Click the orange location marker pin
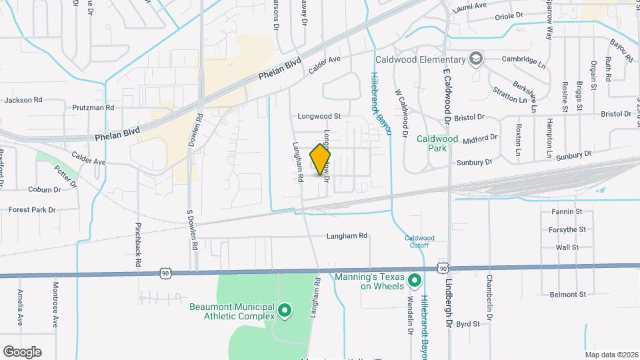[321, 159]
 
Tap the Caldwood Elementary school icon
[475, 59]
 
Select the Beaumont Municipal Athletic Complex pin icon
[285, 310]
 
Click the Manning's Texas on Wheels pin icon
[414, 280]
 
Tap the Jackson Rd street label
[23, 100]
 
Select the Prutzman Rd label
[93, 107]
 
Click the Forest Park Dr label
[32, 209]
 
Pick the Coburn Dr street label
[45, 189]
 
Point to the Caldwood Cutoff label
[419, 241]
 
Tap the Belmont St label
[567, 294]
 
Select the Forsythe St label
[568, 229]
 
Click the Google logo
[22, 351]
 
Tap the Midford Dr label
[480, 138]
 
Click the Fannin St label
[567, 211]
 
